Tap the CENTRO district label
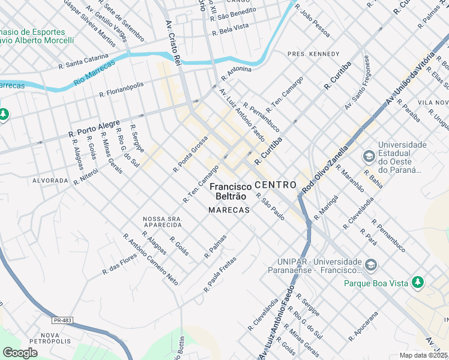[x=275, y=185]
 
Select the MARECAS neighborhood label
[x=229, y=210]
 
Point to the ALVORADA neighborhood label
[x=50, y=180]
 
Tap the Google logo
[x=20, y=353]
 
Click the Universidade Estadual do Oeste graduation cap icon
[x=368, y=157]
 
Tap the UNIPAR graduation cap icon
[x=371, y=265]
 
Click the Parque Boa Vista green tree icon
[x=418, y=282]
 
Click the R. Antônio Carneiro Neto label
[x=151, y=258]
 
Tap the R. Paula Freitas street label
[x=220, y=274]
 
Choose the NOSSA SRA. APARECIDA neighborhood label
[x=162, y=221]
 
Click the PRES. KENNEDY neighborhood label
[x=313, y=54]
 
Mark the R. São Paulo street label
[x=270, y=206]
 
